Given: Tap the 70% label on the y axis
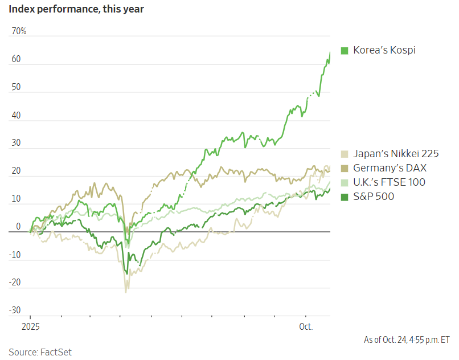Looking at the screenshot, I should click(x=19, y=31).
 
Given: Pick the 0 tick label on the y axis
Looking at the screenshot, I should click(x=18, y=227).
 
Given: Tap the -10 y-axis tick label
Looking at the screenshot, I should click(x=15, y=255).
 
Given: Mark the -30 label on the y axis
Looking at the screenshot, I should click(x=15, y=310).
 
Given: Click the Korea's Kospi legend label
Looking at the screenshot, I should click(x=384, y=50).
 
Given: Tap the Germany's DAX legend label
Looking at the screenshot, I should click(x=390, y=168).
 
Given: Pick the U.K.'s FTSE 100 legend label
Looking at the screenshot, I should click(x=389, y=182).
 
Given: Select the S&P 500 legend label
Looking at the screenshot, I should click(x=374, y=197).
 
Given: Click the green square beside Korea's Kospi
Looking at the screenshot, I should click(x=345, y=51).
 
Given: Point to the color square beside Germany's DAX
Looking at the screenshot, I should click(x=345, y=169).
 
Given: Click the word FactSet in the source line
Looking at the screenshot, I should click(x=56, y=351).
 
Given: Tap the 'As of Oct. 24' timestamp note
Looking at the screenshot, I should click(x=407, y=340).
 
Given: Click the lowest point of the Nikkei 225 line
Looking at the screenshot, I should click(x=126, y=292).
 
